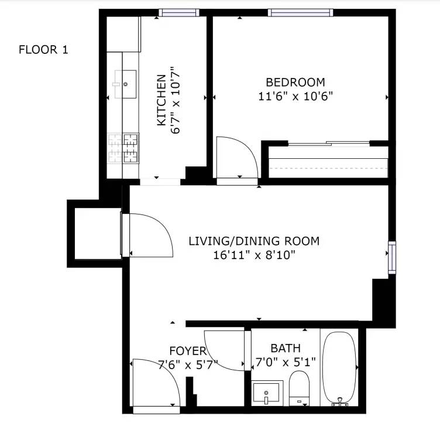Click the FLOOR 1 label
43,50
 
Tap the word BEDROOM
295,83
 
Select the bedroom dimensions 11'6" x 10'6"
295,96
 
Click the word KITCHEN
161,100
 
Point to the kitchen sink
125,84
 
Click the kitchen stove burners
123,148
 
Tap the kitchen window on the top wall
179,13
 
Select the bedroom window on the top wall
300,13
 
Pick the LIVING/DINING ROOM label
254,241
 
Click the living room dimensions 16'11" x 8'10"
255,255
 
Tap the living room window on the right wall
392,257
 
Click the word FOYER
188,351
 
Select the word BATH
286,349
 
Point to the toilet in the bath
299,388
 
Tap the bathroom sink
267,393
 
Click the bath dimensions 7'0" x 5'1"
286,362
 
